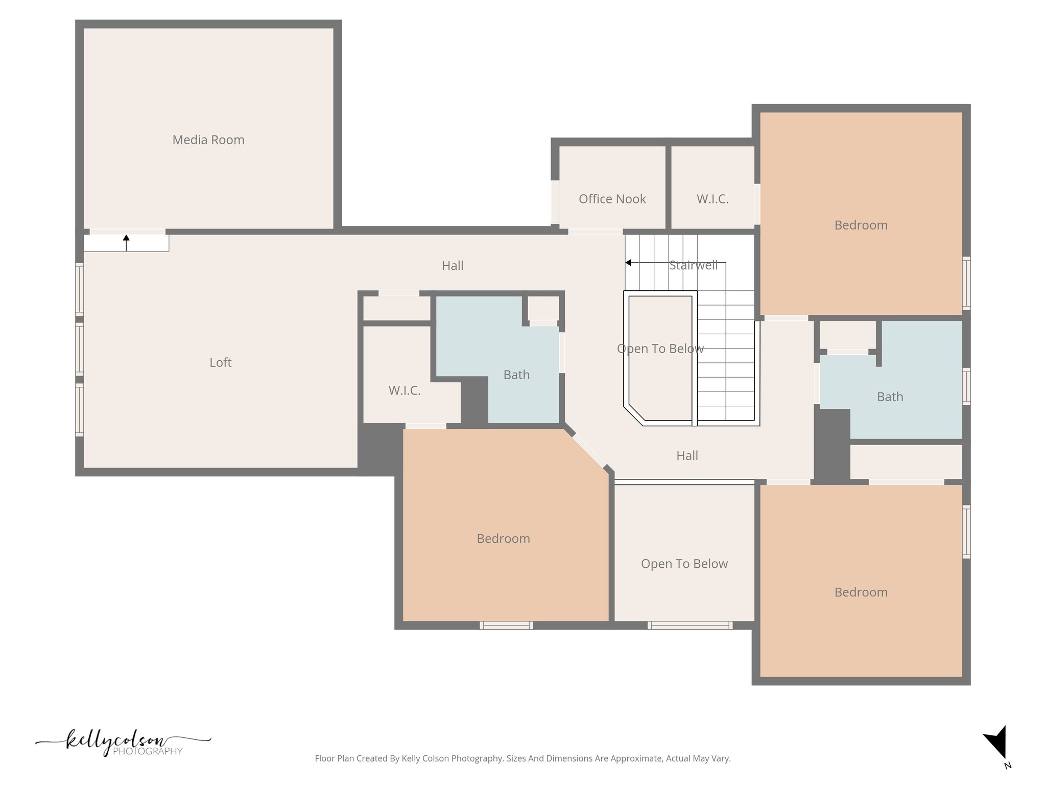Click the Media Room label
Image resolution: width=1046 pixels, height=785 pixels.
[208, 140]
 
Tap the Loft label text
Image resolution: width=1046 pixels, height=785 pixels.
[220, 362]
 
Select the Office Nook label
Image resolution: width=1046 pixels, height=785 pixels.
[612, 199]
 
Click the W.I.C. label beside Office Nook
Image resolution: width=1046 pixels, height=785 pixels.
[712, 199]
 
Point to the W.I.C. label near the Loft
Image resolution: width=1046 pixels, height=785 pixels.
[404, 390]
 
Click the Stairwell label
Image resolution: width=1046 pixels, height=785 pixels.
[693, 265]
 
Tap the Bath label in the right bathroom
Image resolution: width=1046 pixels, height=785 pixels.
[890, 397]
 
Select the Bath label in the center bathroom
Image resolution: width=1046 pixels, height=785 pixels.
[516, 375]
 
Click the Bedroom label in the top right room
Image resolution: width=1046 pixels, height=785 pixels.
[861, 225]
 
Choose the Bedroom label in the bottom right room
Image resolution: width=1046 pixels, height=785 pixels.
[861, 592]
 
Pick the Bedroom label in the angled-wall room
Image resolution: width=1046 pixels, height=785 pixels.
[503, 538]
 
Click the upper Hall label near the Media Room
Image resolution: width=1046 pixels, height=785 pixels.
[453, 265]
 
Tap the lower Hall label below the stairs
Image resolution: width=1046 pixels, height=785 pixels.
[687, 455]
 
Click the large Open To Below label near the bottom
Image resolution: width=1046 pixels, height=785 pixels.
[684, 563]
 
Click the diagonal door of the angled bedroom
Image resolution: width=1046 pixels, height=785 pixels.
[589, 450]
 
